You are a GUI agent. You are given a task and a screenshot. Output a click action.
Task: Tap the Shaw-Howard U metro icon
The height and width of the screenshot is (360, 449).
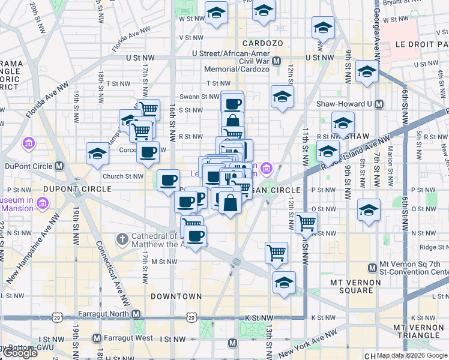pyautogui.click(x=379, y=104)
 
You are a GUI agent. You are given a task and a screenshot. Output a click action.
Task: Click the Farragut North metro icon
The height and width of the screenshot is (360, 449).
pyautogui.click(x=136, y=314)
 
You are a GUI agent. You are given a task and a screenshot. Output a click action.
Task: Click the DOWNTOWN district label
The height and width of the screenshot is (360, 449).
pyautogui.click(x=176, y=296)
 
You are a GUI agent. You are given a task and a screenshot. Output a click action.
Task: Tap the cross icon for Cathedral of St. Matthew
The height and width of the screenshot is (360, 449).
pyautogui.click(x=121, y=239)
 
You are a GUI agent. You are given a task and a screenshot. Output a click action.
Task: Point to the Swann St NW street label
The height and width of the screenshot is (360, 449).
pyautogui.click(x=200, y=97)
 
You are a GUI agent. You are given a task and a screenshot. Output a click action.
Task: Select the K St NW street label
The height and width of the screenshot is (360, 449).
pyautogui.click(x=323, y=317)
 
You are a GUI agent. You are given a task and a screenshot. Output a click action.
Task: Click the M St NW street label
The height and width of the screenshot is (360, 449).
pyautogui.click(x=163, y=262)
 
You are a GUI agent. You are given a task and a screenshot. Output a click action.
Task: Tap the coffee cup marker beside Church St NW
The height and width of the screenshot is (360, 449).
pyautogui.click(x=169, y=179)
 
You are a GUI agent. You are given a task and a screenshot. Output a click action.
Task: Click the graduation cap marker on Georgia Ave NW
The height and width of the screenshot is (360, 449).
pyautogui.click(x=367, y=73)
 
